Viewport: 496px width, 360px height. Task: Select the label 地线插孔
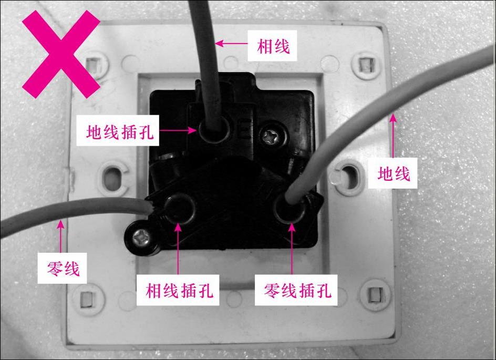click(x=121, y=133)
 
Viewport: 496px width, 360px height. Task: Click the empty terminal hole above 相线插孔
click(x=180, y=207)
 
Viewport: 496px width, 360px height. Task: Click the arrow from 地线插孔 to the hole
click(x=175, y=129)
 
